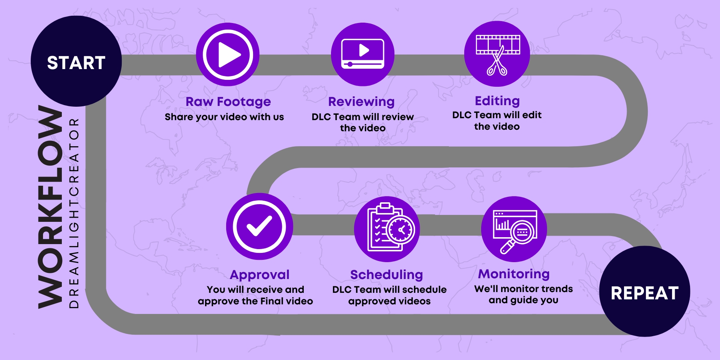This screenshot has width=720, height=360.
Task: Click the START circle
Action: pyautogui.click(x=76, y=61)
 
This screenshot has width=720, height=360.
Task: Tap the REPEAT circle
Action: pyautogui.click(x=645, y=291)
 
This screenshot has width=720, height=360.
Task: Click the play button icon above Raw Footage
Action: pyautogui.click(x=228, y=54)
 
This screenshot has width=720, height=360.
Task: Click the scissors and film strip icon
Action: pyautogui.click(x=497, y=54)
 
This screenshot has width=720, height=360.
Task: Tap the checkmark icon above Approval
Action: pyautogui.click(x=260, y=226)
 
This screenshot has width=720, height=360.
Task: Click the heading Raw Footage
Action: pyautogui.click(x=228, y=102)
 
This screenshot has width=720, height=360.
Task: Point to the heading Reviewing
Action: pyautogui.click(x=361, y=102)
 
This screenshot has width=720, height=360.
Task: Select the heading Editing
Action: pyautogui.click(x=497, y=101)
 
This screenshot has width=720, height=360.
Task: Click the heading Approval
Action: pyautogui.click(x=260, y=275)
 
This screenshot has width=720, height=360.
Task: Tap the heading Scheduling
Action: pyautogui.click(x=387, y=275)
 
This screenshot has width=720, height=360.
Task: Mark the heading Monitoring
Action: pyautogui.click(x=514, y=274)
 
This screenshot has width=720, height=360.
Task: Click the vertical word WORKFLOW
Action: pyautogui.click(x=50, y=207)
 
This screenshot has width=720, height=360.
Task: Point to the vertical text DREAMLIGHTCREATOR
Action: pyautogui.click(x=74, y=213)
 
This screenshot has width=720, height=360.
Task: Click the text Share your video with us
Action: pyautogui.click(x=224, y=117)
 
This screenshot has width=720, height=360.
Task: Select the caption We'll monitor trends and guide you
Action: pyautogui.click(x=523, y=294)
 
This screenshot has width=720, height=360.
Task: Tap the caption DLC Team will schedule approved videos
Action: pyautogui.click(x=389, y=295)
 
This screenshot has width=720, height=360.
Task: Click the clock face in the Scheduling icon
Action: pyautogui.click(x=401, y=230)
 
